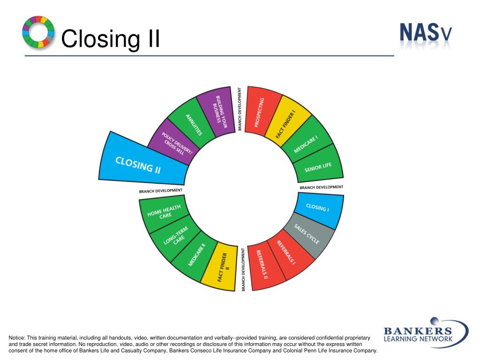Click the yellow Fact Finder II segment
221,267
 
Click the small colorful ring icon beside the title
38,32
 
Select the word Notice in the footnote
16,338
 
